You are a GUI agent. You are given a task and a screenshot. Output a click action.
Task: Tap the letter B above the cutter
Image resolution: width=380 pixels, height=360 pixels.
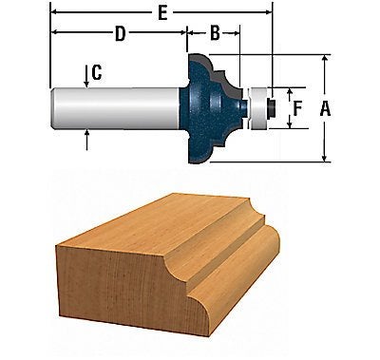tap(215, 33)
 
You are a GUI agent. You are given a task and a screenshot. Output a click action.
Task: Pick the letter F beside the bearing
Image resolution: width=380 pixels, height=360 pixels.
tap(296, 109)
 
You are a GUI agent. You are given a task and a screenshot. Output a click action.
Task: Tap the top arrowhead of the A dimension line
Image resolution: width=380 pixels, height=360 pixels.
tap(325, 57)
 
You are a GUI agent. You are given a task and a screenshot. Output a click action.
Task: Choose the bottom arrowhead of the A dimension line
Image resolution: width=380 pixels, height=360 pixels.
tap(325, 159)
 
